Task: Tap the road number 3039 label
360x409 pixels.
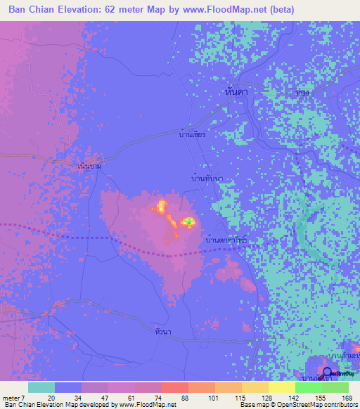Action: click(x=303, y=91)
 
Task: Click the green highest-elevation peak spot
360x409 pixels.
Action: click(x=188, y=222)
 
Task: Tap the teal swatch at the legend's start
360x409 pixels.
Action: click(x=41, y=387)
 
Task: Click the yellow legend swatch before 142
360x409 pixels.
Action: click(x=281, y=387)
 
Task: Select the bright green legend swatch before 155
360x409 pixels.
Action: click(x=308, y=387)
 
